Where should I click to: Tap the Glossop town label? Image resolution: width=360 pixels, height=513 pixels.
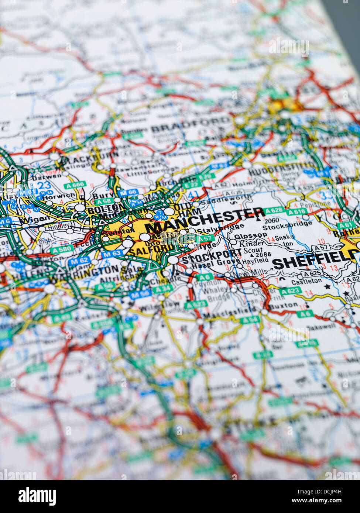(250, 235)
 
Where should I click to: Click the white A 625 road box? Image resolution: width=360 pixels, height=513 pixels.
(313, 273)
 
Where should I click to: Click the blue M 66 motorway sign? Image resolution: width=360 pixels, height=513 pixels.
(128, 193)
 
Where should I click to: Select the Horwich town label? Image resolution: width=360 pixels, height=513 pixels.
(54, 196)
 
